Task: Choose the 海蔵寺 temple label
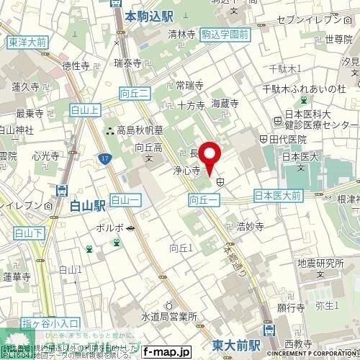[225, 104]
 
